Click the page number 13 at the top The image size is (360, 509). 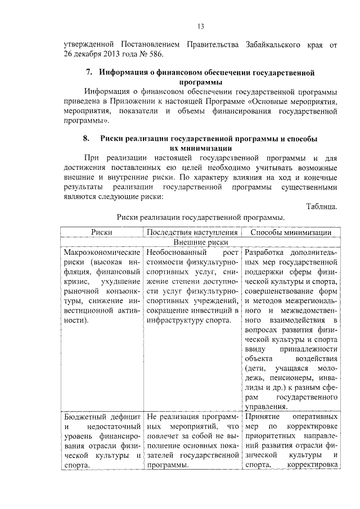pos(200,27)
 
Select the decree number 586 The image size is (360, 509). pos(159,55)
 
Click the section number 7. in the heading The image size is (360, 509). pos(89,73)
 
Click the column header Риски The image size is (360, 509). pos(101,232)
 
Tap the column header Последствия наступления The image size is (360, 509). pos(192,232)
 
